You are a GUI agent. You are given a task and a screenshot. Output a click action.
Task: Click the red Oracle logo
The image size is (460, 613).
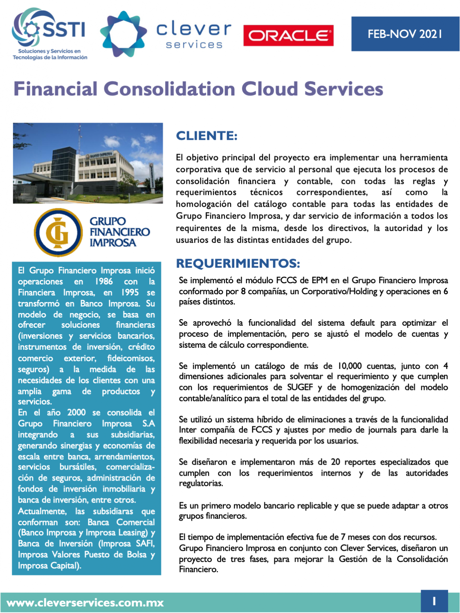pyautogui.click(x=288, y=36)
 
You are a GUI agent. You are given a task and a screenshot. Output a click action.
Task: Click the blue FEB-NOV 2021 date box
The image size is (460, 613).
pyautogui.click(x=405, y=34)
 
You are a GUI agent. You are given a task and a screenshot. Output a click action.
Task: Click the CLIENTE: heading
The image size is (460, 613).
pyautogui.click(x=206, y=136)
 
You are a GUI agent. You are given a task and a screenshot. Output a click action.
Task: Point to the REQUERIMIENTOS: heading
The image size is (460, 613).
pyautogui.click(x=238, y=264)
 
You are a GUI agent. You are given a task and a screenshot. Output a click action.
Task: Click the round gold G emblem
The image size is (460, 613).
pyautogui.click(x=58, y=232)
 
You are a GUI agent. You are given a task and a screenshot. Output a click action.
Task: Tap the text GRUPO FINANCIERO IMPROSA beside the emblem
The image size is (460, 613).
pyautogui.click(x=119, y=232)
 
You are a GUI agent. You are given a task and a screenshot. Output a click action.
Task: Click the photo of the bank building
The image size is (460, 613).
pyautogui.click(x=88, y=163)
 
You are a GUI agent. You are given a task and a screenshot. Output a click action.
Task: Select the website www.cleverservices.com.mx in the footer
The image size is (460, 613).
pyautogui.click(x=85, y=603)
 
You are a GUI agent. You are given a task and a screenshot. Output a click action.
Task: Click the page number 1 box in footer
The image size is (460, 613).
pyautogui.click(x=434, y=601)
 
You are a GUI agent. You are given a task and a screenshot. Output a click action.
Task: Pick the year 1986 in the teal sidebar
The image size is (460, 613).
pyautogui.click(x=104, y=282)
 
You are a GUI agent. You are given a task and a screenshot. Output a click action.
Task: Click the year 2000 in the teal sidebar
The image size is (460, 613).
pyautogui.click(x=76, y=413)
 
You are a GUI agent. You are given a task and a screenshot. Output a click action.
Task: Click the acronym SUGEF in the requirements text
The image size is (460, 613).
pyautogui.click(x=300, y=387)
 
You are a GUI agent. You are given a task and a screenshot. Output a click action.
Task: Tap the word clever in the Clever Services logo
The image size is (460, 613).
pyautogui.click(x=194, y=29)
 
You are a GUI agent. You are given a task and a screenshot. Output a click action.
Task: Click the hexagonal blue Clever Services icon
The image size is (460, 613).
pyautogui.click(x=123, y=34)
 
